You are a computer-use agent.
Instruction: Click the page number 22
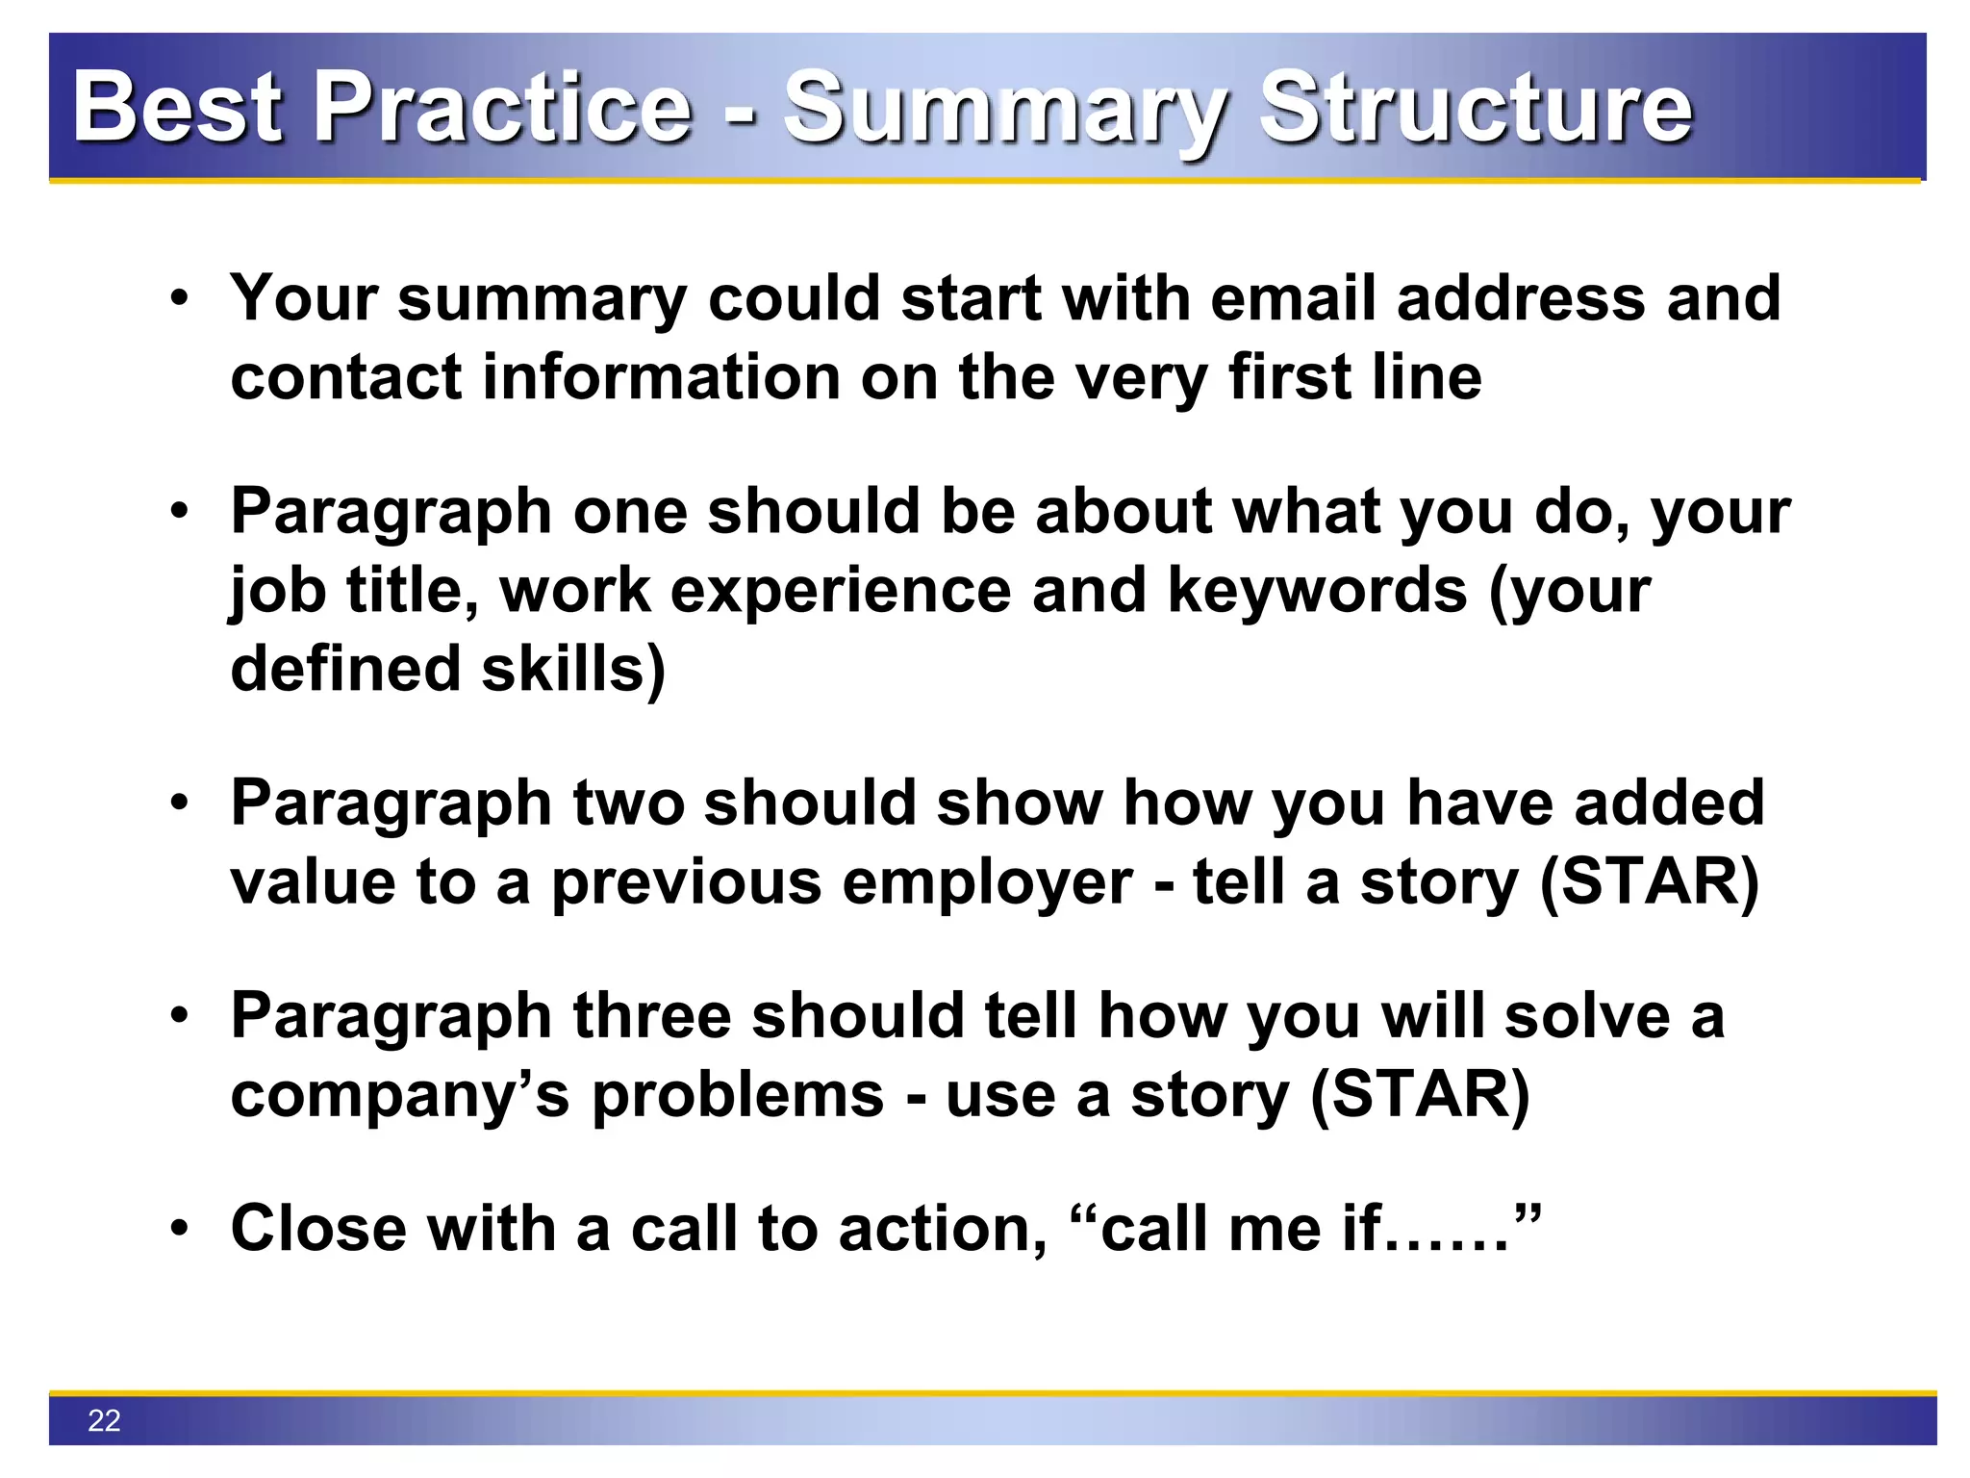[x=104, y=1420]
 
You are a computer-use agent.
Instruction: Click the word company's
[x=400, y=1095]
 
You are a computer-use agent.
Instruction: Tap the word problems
[x=738, y=1095]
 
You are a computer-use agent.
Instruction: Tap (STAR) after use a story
[x=1420, y=1095]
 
